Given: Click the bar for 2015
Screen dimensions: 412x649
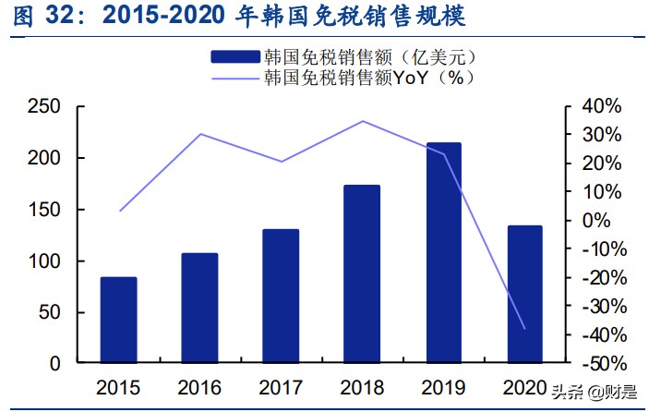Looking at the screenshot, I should coord(118,320).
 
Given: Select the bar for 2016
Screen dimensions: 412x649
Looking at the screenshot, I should coord(199,308).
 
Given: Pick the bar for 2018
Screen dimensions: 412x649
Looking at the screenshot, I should coord(362,273).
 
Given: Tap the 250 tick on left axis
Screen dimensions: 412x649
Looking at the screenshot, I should coord(43,107).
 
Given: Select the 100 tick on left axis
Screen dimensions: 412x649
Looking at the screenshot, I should coord(43,261).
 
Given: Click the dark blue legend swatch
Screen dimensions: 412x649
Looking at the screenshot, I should coord(235,57).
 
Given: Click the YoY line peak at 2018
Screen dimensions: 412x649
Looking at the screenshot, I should coord(362,121).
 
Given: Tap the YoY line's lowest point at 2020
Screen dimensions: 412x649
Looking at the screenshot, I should coord(524,328).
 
